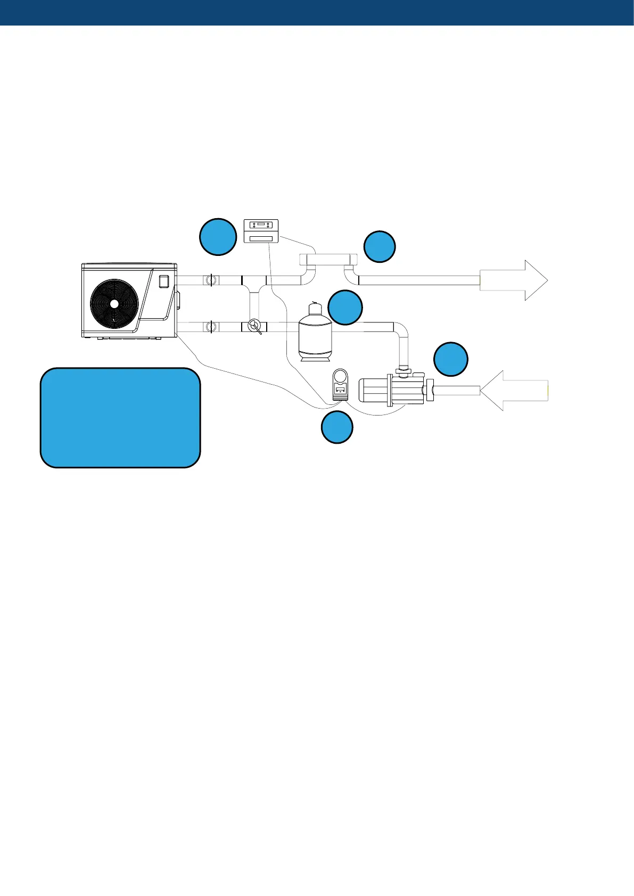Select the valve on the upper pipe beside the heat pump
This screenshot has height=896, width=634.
pyautogui.click(x=211, y=280)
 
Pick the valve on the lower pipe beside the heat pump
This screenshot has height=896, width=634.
pyautogui.click(x=211, y=326)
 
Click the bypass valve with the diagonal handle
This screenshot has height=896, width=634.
pyautogui.click(x=254, y=326)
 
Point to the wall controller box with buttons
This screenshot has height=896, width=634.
pyautogui.click(x=261, y=231)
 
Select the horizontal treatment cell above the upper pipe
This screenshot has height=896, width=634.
pyautogui.click(x=327, y=260)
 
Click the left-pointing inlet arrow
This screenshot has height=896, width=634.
pyautogui.click(x=513, y=391)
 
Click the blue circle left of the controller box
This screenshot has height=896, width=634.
pyautogui.click(x=218, y=236)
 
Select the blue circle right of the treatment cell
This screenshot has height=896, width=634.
pyautogui.click(x=380, y=246)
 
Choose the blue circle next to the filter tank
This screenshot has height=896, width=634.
pyautogui.click(x=345, y=308)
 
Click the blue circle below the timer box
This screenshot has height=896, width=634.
pyautogui.click(x=337, y=428)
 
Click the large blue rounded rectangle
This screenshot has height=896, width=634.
pyautogui.click(x=120, y=418)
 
